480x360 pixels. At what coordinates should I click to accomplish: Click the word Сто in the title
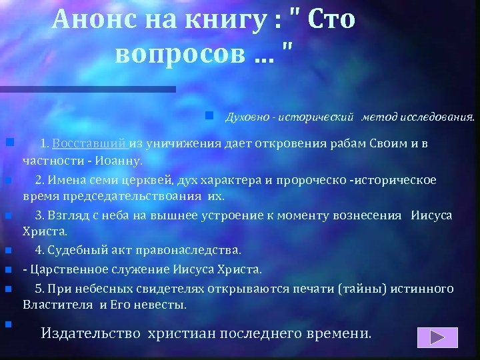tap(329, 21)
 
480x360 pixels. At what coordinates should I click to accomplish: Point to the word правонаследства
tap(195, 251)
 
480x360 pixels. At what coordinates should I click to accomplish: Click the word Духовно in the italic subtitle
tap(249, 118)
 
